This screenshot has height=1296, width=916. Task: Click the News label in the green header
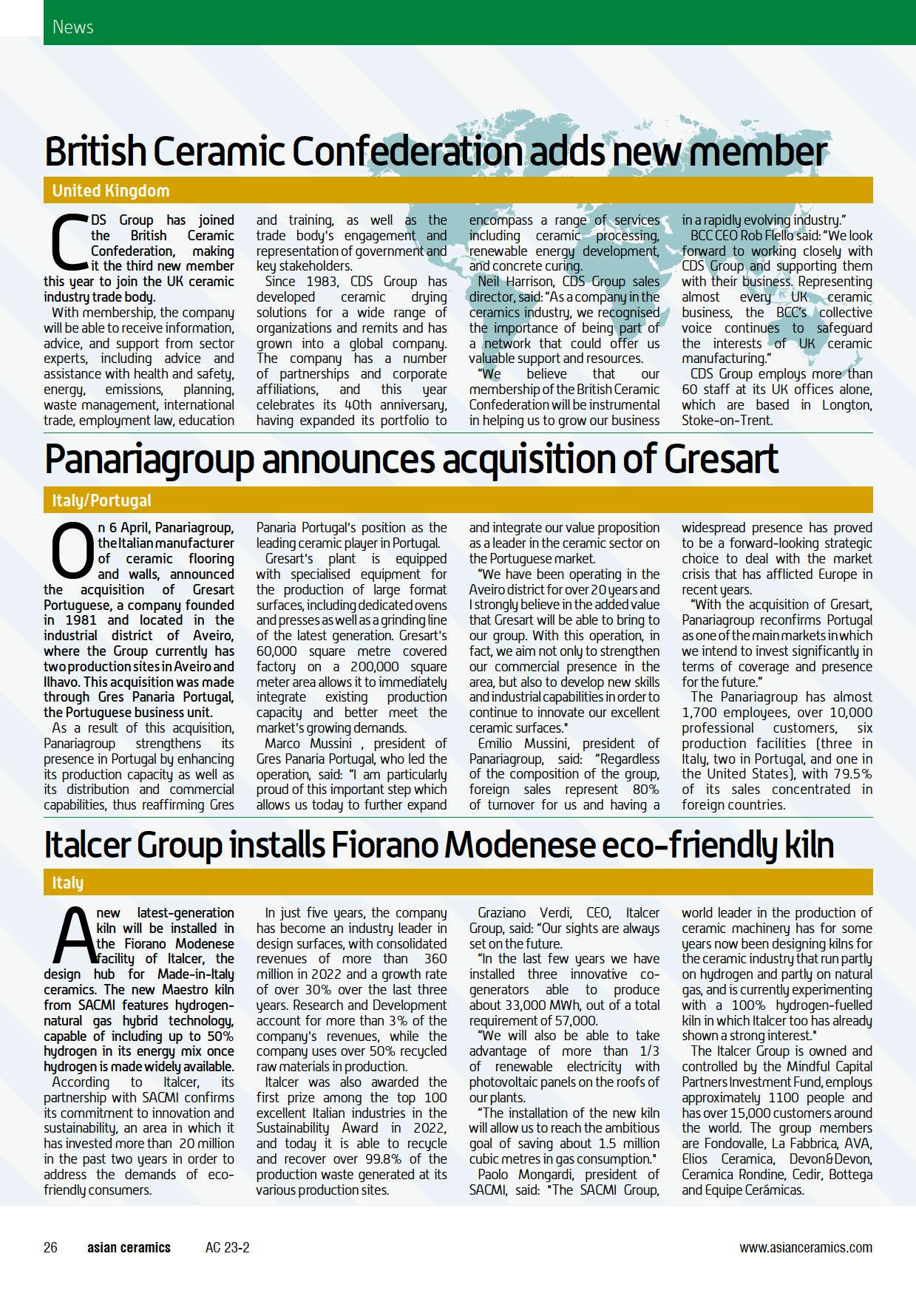(x=72, y=27)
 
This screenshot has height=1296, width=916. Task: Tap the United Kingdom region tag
(x=111, y=191)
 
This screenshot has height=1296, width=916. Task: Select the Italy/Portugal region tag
(x=101, y=501)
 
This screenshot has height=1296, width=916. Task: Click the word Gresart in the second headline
(x=721, y=459)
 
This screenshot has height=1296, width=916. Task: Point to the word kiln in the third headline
(x=805, y=844)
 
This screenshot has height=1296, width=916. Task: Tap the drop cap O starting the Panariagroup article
(x=69, y=551)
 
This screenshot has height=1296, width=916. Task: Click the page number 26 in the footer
(x=51, y=1247)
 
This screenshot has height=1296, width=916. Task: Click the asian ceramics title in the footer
(x=129, y=1247)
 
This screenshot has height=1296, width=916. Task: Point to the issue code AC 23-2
(x=227, y=1247)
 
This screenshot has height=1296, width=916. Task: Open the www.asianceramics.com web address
(x=805, y=1247)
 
